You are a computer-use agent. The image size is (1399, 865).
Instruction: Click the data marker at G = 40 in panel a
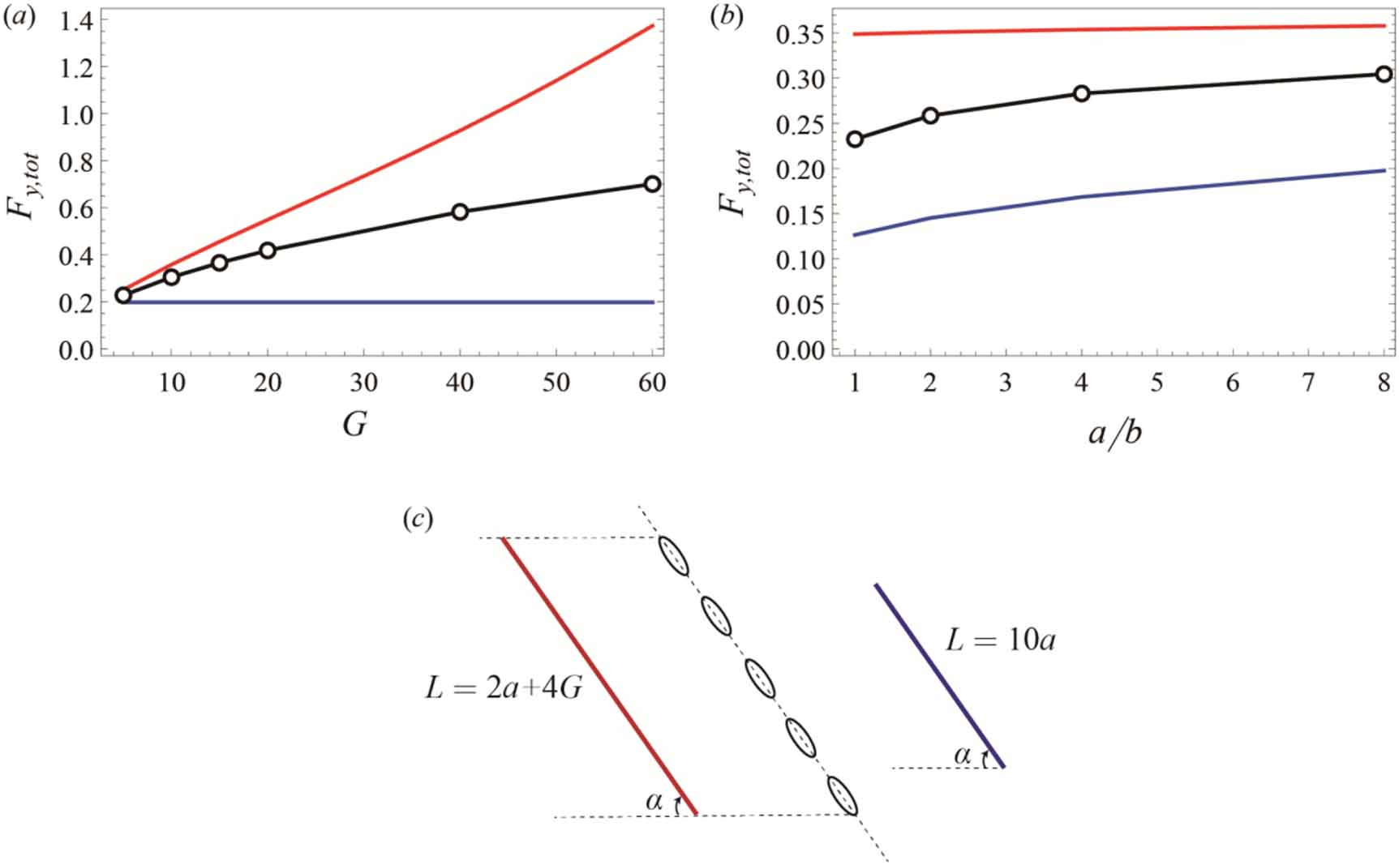460,212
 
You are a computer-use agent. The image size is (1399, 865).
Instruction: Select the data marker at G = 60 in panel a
652,184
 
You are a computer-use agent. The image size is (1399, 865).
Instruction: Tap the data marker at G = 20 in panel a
268,251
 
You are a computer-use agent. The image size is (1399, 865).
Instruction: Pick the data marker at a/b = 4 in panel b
1081,93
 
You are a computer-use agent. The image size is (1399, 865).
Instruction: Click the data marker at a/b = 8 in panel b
1384,75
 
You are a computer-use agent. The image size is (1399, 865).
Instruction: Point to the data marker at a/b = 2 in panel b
930,116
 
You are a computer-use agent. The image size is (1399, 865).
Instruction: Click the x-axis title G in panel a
355,424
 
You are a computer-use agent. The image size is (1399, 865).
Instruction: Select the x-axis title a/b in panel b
1115,433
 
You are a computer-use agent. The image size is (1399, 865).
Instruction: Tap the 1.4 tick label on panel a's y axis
76,21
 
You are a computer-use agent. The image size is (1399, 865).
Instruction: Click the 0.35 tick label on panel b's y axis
800,35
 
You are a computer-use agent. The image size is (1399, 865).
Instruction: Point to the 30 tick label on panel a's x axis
363,382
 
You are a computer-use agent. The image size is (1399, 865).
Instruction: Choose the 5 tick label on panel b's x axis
1157,383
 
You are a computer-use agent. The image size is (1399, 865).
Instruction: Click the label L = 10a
1001,640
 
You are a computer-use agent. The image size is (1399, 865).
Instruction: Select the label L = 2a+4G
504,688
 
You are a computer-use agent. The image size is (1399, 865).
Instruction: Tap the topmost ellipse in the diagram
673,555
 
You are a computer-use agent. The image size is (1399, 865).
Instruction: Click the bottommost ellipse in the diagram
843,795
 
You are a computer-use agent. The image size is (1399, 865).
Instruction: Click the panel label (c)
418,518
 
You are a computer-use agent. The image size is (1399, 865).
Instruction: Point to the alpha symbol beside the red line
654,801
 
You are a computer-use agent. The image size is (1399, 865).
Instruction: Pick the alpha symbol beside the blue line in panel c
963,755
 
